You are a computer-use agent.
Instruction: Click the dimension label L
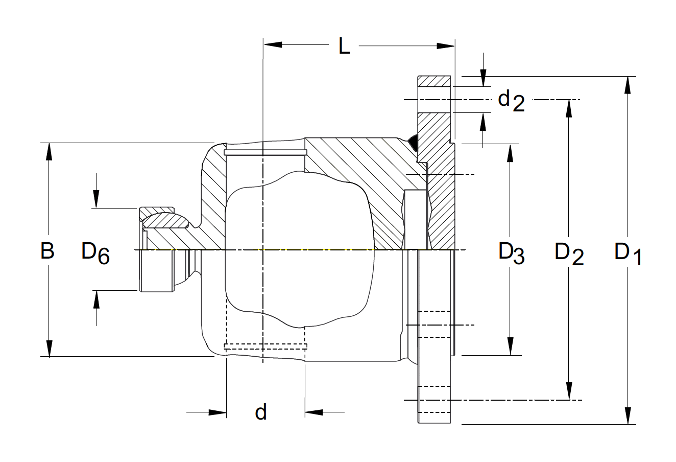click(345, 47)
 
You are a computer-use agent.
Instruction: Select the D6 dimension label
click(95, 252)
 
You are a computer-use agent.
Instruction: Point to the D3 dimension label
click(512, 252)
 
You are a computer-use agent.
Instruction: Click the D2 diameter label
click(569, 252)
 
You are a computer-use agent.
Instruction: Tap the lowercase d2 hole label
click(511, 100)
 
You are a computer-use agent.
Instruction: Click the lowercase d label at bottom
click(261, 411)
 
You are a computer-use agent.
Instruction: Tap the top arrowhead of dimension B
click(49, 151)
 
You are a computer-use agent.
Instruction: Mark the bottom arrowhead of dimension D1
click(627, 415)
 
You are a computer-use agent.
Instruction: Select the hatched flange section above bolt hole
click(434, 81)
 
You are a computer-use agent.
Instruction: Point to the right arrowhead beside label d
click(313, 411)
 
